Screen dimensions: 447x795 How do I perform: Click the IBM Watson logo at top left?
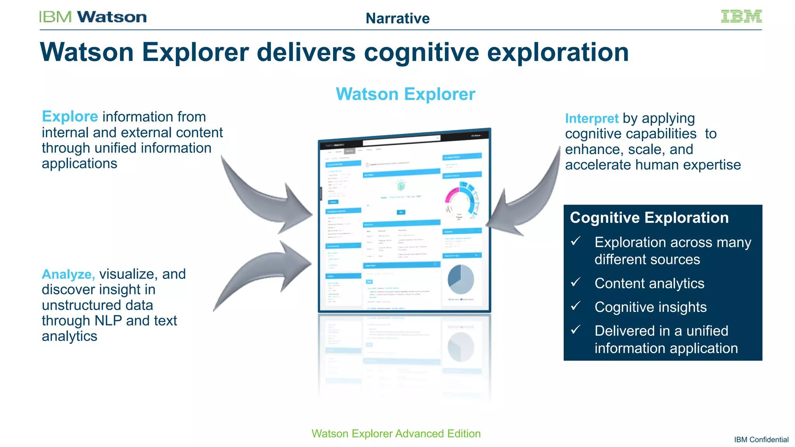(x=92, y=17)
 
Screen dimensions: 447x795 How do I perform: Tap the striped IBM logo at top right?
(x=741, y=16)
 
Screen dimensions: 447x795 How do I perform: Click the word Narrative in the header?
(x=397, y=18)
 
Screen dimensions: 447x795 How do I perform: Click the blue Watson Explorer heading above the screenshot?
(x=405, y=94)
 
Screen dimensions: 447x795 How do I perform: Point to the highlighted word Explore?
(x=70, y=116)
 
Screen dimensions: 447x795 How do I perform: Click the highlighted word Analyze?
(x=68, y=274)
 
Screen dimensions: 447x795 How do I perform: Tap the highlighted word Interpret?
(x=591, y=118)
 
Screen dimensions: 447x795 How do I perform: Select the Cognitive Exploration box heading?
(x=649, y=218)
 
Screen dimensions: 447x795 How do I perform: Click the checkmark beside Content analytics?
(x=576, y=282)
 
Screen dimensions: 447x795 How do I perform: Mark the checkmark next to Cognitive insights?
(x=576, y=306)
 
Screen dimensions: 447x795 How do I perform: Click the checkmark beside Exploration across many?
(x=576, y=241)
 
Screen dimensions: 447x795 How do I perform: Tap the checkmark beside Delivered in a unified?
(x=576, y=330)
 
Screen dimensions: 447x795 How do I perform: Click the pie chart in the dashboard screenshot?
(x=460, y=279)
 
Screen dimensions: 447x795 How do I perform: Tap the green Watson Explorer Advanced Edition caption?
(x=396, y=433)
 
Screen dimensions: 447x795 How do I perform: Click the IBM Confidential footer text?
(x=761, y=440)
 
